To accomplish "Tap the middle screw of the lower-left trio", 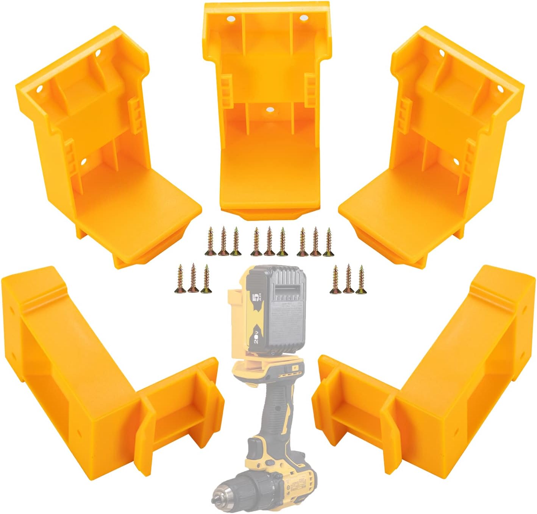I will click(x=193, y=279).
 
